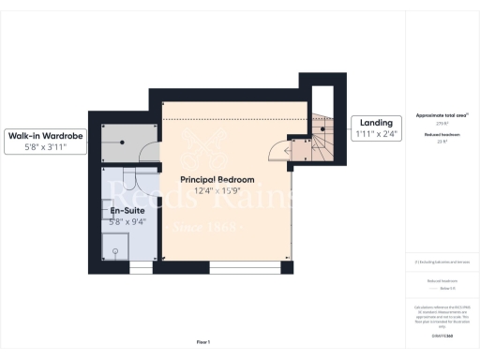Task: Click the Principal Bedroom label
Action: click(214, 179)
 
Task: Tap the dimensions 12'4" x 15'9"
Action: click(214, 191)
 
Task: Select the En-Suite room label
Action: click(127, 211)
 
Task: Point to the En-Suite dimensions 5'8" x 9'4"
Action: click(127, 222)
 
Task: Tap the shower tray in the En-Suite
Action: click(116, 247)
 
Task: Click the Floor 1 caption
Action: click(203, 341)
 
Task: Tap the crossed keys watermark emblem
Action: click(203, 150)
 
